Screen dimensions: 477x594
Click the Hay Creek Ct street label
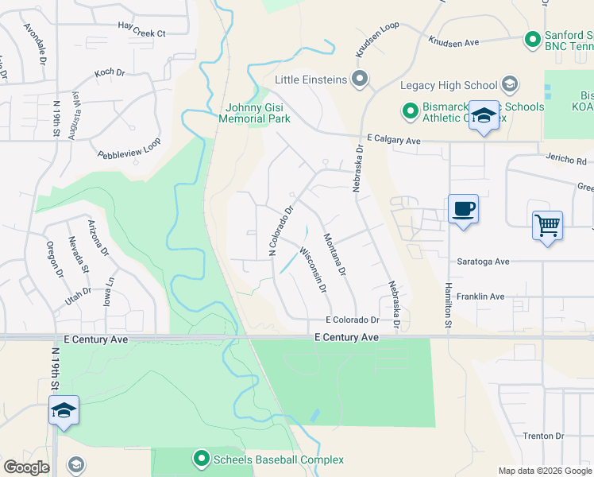tap(141, 33)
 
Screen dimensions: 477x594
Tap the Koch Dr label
tap(110, 72)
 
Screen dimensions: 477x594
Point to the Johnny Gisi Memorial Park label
tap(257, 113)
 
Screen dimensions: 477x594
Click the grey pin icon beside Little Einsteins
tap(361, 79)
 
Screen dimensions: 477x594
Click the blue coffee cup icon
tap(464, 210)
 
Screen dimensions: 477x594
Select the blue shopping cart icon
tap(548, 226)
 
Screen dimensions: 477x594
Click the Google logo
tap(26, 467)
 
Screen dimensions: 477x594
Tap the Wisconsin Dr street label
tap(313, 270)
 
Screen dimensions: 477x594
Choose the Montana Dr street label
tap(335, 254)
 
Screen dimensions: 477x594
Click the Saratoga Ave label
tap(482, 261)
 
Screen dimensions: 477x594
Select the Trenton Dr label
tap(543, 436)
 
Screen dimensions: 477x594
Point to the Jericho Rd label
tap(565, 158)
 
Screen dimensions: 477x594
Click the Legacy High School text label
tap(449, 85)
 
